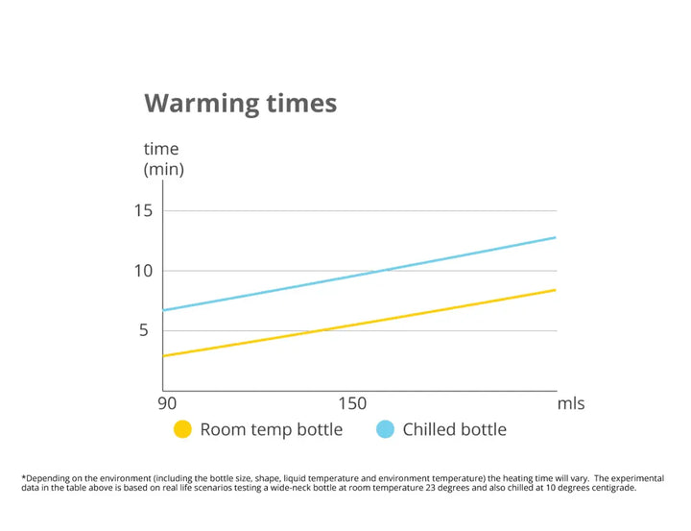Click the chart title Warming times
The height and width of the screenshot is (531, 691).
pyautogui.click(x=240, y=103)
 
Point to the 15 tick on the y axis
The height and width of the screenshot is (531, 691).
pyautogui.click(x=143, y=211)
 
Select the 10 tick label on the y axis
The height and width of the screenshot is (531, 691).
pyautogui.click(x=143, y=271)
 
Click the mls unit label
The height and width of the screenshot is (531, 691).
pyautogui.click(x=571, y=403)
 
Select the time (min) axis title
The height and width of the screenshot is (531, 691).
pyautogui.click(x=162, y=159)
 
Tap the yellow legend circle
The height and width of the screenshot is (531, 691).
pyautogui.click(x=182, y=429)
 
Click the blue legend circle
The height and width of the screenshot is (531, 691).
pyautogui.click(x=386, y=429)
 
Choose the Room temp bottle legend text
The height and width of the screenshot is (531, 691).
pyautogui.click(x=271, y=429)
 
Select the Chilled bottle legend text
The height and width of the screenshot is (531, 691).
pyautogui.click(x=454, y=429)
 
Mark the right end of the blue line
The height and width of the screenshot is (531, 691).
pyautogui.click(x=555, y=237)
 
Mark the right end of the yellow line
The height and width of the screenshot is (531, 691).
pyautogui.click(x=555, y=290)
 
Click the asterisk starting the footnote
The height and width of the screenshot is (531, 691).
pyautogui.click(x=22, y=476)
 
